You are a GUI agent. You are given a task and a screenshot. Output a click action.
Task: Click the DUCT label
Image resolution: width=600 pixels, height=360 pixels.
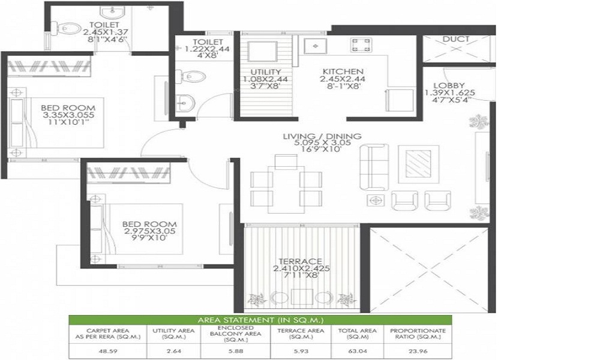pos(456,39)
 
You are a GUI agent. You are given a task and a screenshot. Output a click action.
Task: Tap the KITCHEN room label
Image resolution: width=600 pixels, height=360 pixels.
pos(343,71)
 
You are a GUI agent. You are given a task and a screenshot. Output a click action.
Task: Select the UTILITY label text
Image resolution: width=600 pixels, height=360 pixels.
pos(266,72)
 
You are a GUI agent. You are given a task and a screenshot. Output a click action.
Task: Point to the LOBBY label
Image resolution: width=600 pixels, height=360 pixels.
pos(449,86)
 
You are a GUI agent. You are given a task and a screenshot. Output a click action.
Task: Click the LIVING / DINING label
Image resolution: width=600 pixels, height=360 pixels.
pos(322,136)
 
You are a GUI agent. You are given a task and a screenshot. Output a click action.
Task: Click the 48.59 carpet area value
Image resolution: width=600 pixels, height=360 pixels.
pos(108,351)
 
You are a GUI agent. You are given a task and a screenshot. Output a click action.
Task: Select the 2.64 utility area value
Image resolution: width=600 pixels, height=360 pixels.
pos(174,351)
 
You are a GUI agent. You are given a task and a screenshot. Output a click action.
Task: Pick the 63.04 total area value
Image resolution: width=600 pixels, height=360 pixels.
pos(358,351)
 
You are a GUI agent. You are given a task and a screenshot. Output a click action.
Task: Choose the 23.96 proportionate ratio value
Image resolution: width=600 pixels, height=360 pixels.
pos(418,351)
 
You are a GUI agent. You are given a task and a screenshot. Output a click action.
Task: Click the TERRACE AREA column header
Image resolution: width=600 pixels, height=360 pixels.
pos(301,333)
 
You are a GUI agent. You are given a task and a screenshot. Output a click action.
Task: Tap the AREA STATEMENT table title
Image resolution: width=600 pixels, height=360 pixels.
pos(260,320)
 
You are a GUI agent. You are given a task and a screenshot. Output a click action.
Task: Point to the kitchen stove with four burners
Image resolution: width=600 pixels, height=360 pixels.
pos(361,45)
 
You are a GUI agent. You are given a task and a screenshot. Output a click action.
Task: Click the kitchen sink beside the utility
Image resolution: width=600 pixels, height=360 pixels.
pos(316,46)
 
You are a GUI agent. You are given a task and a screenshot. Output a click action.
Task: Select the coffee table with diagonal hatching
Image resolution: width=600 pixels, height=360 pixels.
pos(418,164)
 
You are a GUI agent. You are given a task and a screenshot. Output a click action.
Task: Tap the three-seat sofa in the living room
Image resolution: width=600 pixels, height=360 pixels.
pos(374,167)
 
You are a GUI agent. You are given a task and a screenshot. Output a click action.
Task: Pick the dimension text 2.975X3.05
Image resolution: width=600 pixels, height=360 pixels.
pos(149,232)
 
